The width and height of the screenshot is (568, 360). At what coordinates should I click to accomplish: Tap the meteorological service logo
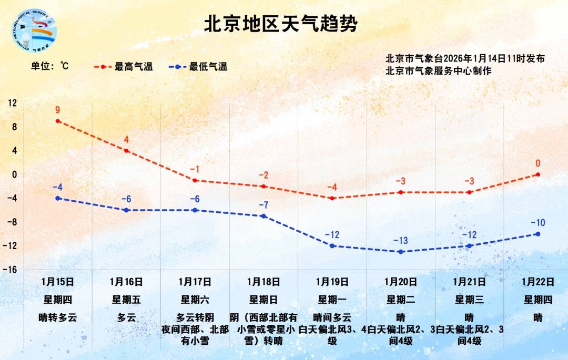pyautogui.click(x=34, y=30)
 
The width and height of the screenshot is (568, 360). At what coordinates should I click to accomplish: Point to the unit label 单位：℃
pyautogui.click(x=50, y=66)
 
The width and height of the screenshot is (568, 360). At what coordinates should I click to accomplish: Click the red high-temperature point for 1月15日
pyautogui.click(x=58, y=121)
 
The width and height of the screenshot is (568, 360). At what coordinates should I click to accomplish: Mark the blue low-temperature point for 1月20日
pyautogui.click(x=401, y=252)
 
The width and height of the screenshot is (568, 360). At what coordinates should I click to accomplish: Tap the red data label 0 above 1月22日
pyautogui.click(x=537, y=163)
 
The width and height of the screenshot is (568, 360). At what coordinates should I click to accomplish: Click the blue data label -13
pyautogui.click(x=400, y=241)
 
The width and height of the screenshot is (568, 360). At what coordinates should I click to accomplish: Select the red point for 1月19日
pyautogui.click(x=332, y=198)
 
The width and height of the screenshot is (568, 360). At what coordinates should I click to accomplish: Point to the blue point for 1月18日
pyautogui.click(x=263, y=216)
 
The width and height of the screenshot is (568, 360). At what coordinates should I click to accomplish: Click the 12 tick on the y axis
pyautogui.click(x=12, y=104)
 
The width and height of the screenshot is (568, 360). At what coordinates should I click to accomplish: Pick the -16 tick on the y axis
pyautogui.click(x=11, y=270)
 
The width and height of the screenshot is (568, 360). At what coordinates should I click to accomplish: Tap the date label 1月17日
pyautogui.click(x=195, y=282)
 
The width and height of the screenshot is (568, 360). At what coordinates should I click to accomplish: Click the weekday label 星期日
pyautogui.click(x=263, y=300)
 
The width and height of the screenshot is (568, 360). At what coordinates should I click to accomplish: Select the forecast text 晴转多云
pyautogui.click(x=58, y=317)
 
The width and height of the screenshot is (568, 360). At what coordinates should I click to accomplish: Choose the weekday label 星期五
pyautogui.click(x=126, y=300)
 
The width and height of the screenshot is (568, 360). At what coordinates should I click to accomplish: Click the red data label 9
pyautogui.click(x=57, y=110)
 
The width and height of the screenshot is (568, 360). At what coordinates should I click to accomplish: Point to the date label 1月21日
pyautogui.click(x=469, y=282)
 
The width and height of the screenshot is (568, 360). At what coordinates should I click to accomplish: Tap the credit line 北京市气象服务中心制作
pyautogui.click(x=438, y=70)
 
